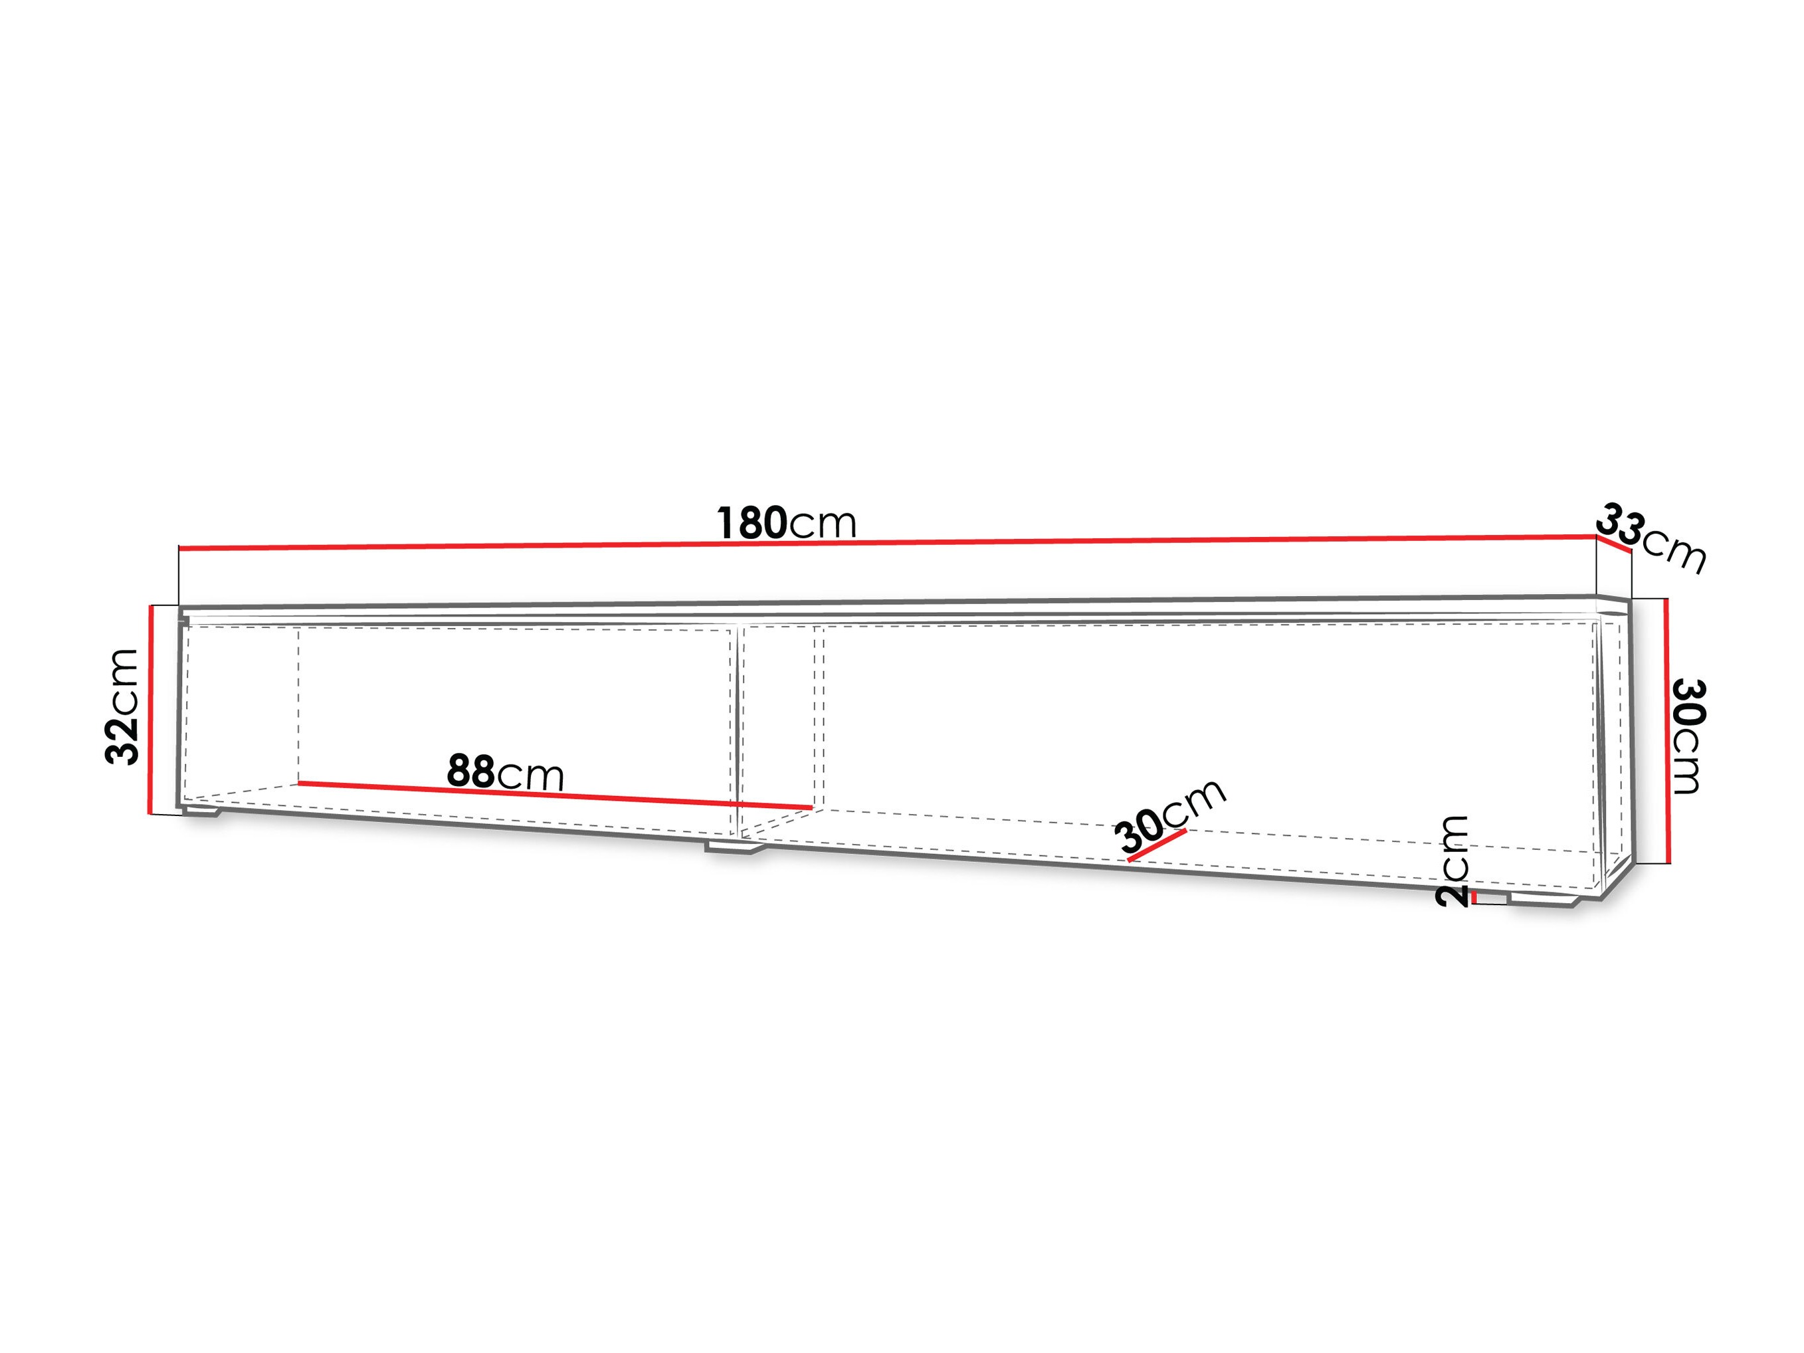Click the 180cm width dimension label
point(787,523)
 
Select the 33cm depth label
point(1650,538)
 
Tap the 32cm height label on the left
point(122,706)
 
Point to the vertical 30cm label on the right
point(1687,735)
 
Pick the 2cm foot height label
point(1453,861)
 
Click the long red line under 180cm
point(887,542)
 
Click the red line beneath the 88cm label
point(555,795)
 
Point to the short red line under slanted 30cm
point(1156,845)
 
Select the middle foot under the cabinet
point(735,848)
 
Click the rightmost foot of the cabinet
point(1546,900)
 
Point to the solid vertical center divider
point(738,732)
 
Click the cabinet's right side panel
point(1615,746)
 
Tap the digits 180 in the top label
point(752,523)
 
